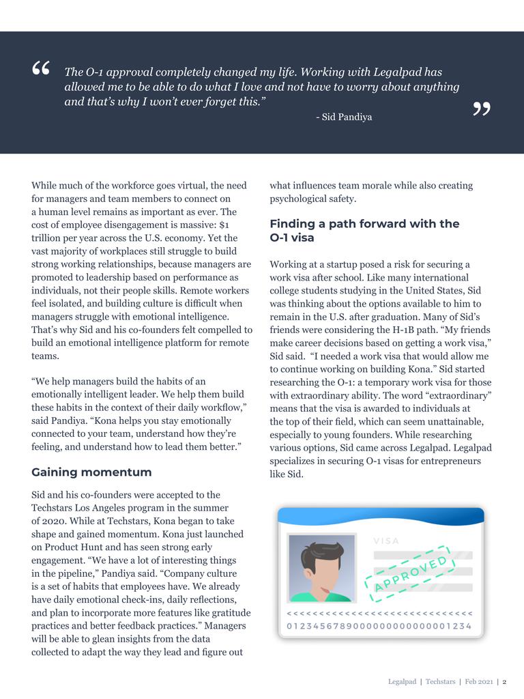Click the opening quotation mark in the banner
tap(40, 69)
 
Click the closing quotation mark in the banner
tap(482, 109)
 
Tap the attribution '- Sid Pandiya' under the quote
tap(344, 117)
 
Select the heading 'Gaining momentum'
tap(91, 472)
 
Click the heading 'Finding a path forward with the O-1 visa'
tap(364, 231)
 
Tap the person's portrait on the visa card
tap(321, 568)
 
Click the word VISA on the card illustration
tap(387, 541)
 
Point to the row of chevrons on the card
tap(379, 613)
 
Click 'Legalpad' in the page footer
tap(402, 682)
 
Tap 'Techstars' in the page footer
tap(440, 682)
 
